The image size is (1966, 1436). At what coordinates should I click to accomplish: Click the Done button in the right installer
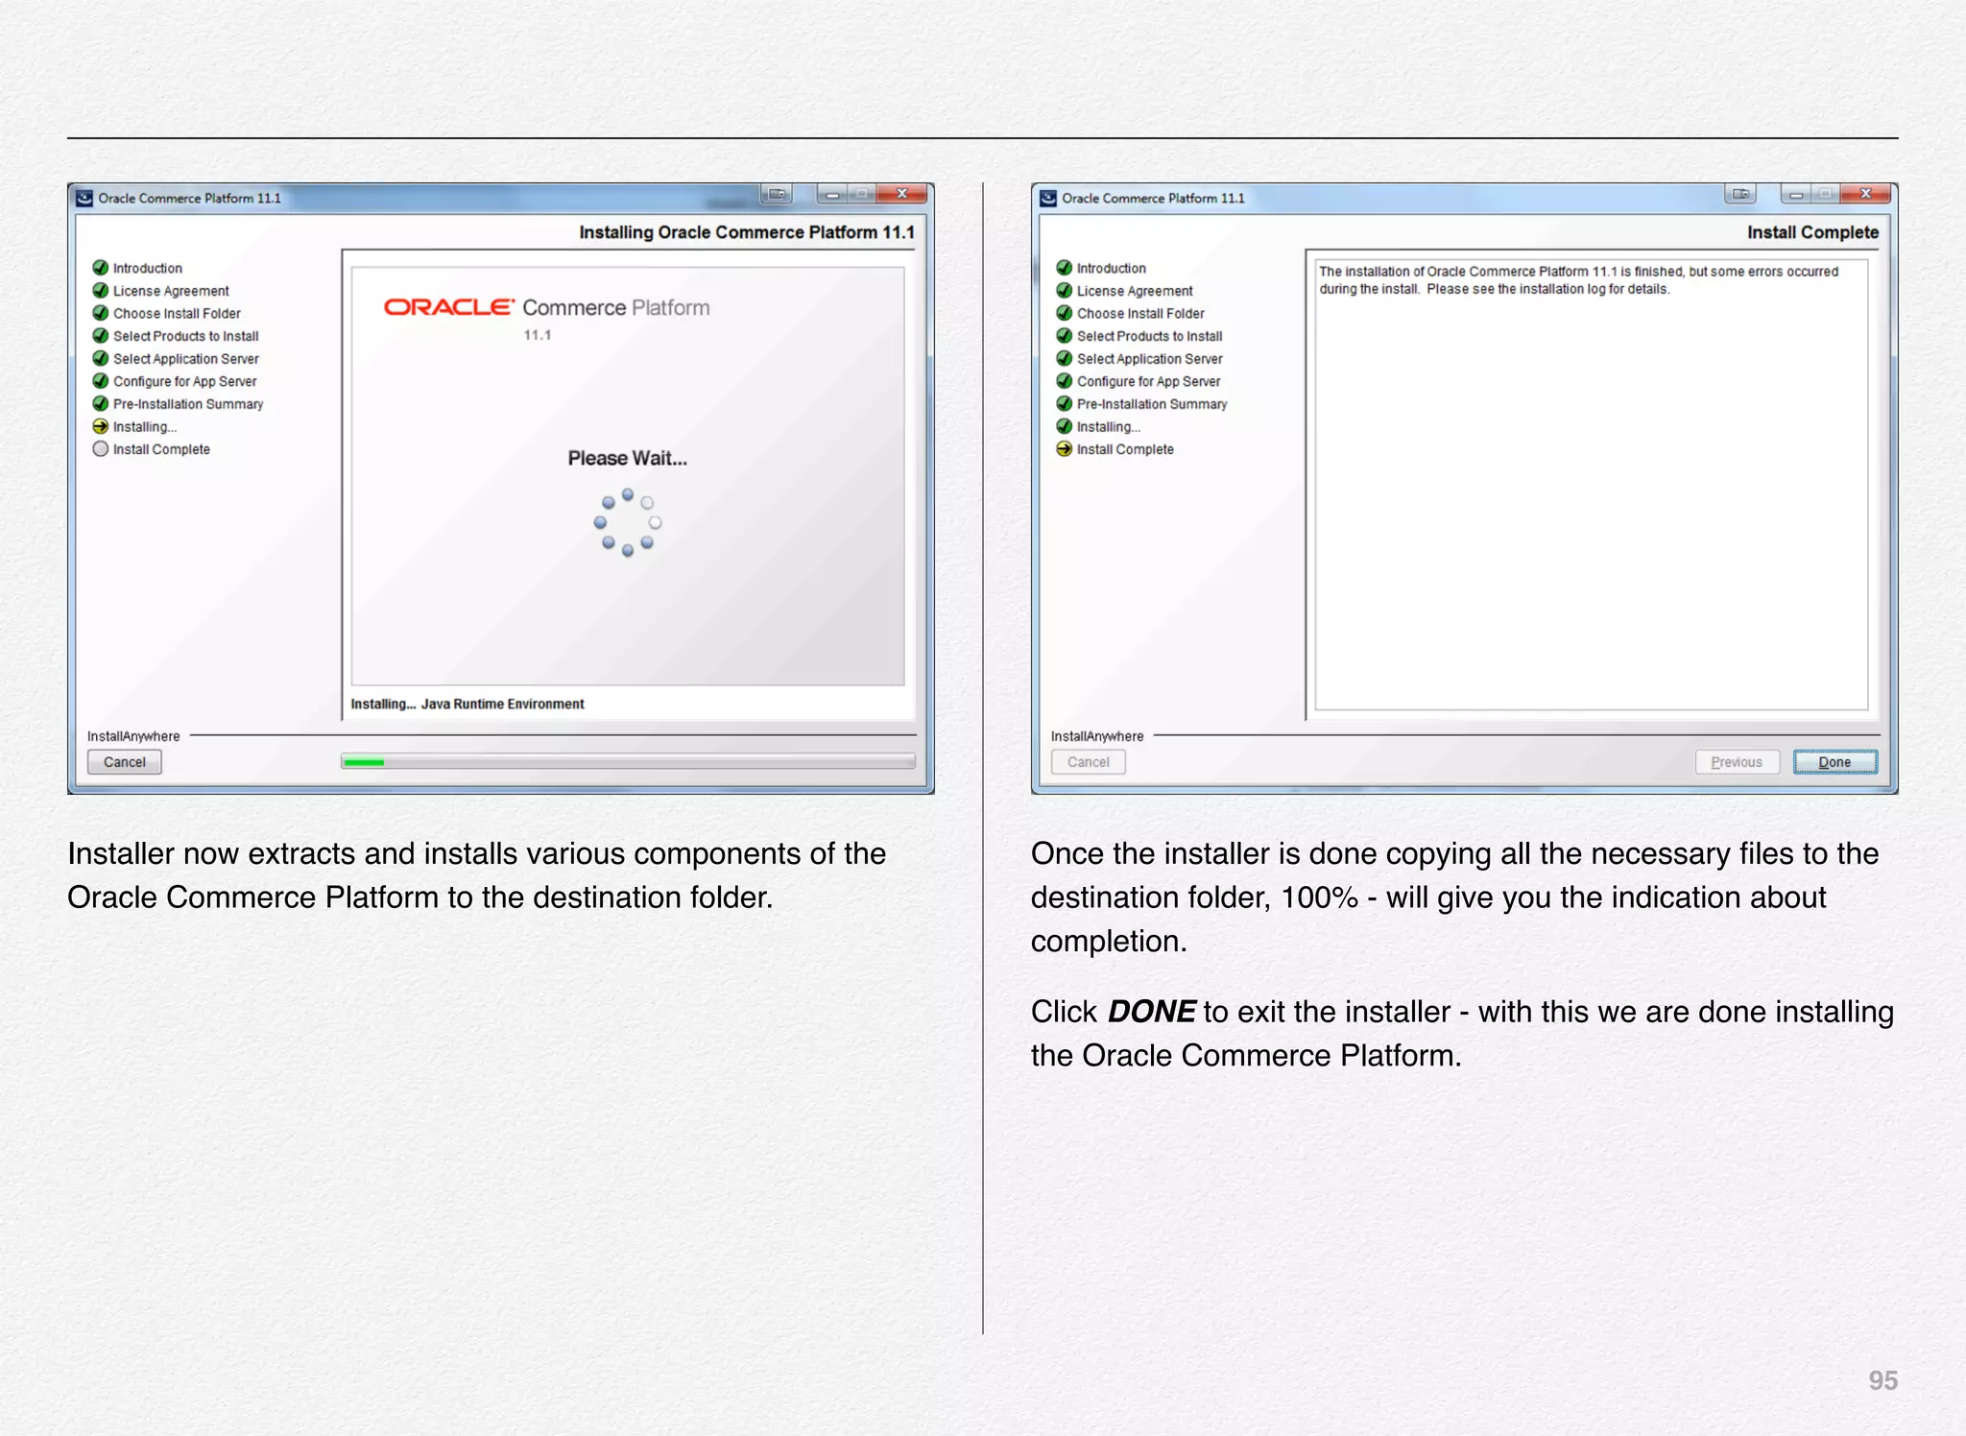point(1834,762)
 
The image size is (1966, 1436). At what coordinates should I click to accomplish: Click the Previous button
point(1737,762)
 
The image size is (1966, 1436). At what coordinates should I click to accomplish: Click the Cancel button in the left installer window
point(125,762)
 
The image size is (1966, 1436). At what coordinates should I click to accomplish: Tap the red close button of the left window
point(902,194)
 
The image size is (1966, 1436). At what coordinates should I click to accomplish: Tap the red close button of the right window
point(1866,194)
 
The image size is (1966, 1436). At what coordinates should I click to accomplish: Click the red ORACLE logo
point(448,307)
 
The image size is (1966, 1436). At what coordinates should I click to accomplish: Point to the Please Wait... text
point(627,459)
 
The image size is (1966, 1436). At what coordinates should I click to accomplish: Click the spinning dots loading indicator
point(628,523)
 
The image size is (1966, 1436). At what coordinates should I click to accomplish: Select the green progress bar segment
point(364,762)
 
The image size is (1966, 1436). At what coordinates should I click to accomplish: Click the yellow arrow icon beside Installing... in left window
point(101,427)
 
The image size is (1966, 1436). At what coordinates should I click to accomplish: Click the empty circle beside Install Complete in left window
point(101,449)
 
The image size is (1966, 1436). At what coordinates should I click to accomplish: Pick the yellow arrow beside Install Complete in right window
point(1065,449)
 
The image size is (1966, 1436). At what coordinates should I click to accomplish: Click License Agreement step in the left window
point(171,291)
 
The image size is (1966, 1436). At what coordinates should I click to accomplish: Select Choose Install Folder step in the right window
point(1140,314)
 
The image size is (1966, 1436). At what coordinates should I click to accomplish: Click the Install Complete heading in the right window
point(1812,232)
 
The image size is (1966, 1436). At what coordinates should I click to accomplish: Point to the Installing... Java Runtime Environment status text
point(468,705)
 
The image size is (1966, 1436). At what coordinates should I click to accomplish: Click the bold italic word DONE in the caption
point(1151,1012)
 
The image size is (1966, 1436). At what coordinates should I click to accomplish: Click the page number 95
point(1882,1380)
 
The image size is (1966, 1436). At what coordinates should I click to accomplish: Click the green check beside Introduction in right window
point(1065,268)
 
